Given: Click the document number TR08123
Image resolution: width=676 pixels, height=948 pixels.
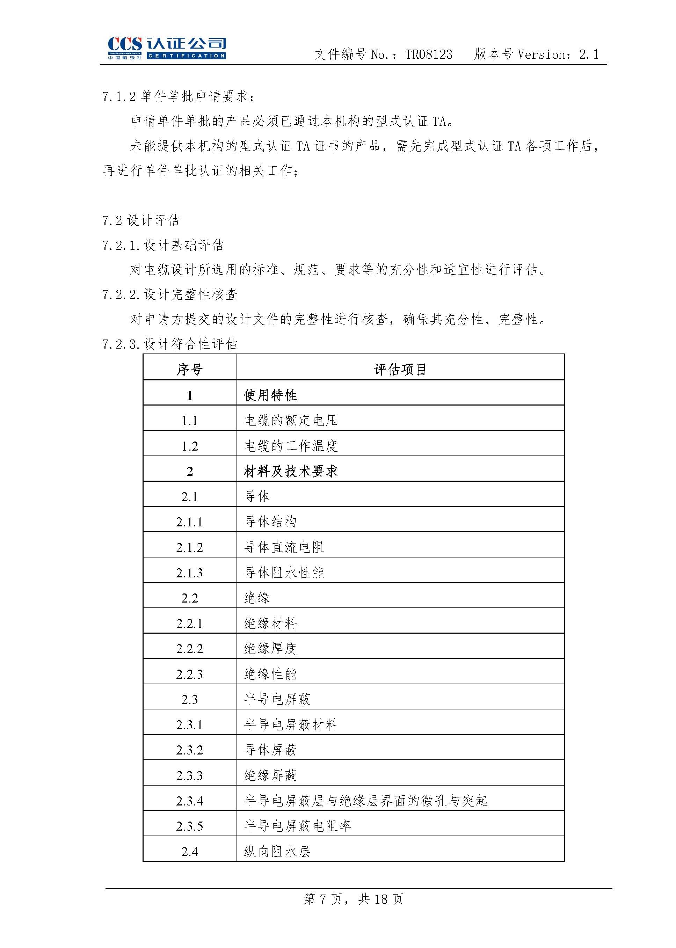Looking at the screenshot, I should pyautogui.click(x=428, y=54).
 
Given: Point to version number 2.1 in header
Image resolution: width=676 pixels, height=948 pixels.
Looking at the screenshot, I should pyautogui.click(x=589, y=54).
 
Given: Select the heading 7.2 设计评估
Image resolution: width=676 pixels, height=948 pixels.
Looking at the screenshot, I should pyautogui.click(x=141, y=220).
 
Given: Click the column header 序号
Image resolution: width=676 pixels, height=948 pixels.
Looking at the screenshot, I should pyautogui.click(x=189, y=369).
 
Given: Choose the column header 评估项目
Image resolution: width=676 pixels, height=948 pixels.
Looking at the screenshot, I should pyautogui.click(x=400, y=369).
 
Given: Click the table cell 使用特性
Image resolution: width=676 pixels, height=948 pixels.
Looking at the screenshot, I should pyautogui.click(x=270, y=395).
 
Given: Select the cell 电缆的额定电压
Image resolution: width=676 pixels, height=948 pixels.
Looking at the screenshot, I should pyautogui.click(x=291, y=420).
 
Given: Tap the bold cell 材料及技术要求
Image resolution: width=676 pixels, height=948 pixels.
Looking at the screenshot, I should pyautogui.click(x=291, y=471).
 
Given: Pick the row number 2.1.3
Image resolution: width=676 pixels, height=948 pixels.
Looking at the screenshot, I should pyautogui.click(x=189, y=573).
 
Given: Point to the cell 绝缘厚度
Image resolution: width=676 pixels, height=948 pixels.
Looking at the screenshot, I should pyautogui.click(x=270, y=648).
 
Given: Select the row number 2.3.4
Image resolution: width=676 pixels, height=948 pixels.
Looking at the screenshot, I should pyautogui.click(x=189, y=801).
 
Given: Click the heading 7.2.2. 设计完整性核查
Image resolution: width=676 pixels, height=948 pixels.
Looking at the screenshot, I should pyautogui.click(x=170, y=295).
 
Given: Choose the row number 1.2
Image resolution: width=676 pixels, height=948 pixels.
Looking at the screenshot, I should pyautogui.click(x=189, y=446).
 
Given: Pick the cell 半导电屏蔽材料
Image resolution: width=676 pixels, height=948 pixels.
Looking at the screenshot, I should pyautogui.click(x=291, y=724).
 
